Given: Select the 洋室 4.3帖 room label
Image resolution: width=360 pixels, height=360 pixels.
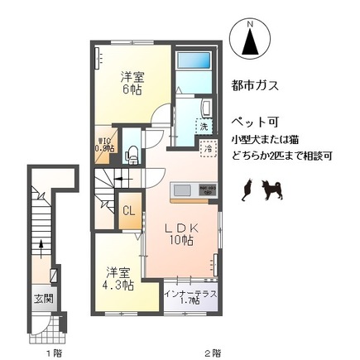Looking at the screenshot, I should tap(117, 277).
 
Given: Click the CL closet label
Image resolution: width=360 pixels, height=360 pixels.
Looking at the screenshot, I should tap(128, 210).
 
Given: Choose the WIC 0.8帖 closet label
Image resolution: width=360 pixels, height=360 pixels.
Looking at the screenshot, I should tap(104, 145).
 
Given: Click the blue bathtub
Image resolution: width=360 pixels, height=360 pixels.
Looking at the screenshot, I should tap(194, 61).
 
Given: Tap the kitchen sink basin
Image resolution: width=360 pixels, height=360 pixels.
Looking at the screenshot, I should tap(181, 191).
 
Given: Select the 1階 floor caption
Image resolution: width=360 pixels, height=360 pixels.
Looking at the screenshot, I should tap(55, 352).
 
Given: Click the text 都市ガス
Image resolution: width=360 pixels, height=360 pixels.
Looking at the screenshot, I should tap(255, 85).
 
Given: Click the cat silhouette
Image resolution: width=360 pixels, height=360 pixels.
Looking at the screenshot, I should tap(246, 192).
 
